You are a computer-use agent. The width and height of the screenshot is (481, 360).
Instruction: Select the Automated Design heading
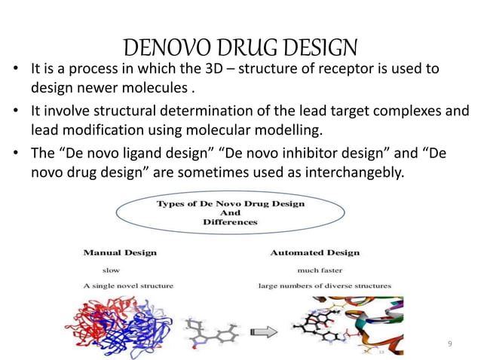click(314, 252)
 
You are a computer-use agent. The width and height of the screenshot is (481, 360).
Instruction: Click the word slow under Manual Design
click(111, 269)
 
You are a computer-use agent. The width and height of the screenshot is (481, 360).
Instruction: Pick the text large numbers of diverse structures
click(324, 285)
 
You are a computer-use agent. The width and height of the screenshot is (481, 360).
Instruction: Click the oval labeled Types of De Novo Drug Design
click(219, 213)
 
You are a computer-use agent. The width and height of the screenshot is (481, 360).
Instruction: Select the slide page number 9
click(450, 345)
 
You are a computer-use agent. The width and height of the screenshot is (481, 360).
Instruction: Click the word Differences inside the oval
click(230, 222)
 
